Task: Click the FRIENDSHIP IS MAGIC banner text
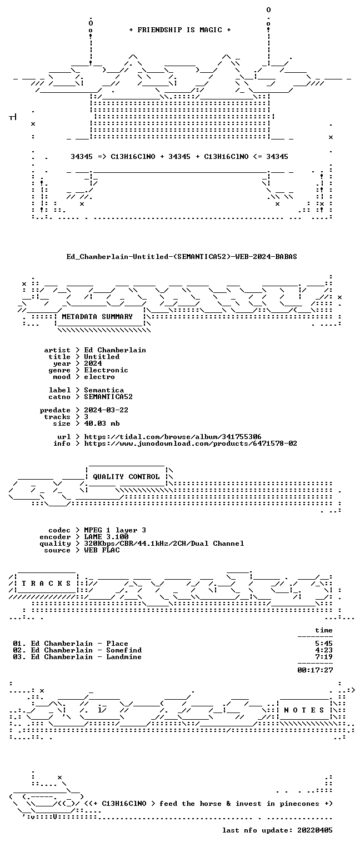(179, 30)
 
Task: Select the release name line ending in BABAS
(182, 257)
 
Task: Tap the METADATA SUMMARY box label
(97, 317)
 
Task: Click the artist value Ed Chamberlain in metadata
(115, 350)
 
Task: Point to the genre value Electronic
(106, 370)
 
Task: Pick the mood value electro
(99, 377)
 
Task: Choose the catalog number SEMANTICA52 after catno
(108, 397)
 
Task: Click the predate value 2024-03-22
(106, 410)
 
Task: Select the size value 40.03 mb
(102, 423)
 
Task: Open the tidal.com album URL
(172, 437)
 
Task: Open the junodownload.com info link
(190, 444)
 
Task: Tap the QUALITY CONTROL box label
(126, 477)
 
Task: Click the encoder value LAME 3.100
(106, 537)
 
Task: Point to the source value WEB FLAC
(102, 550)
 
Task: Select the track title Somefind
(124, 650)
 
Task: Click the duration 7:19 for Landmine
(324, 657)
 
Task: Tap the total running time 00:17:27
(315, 670)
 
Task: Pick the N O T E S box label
(304, 710)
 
